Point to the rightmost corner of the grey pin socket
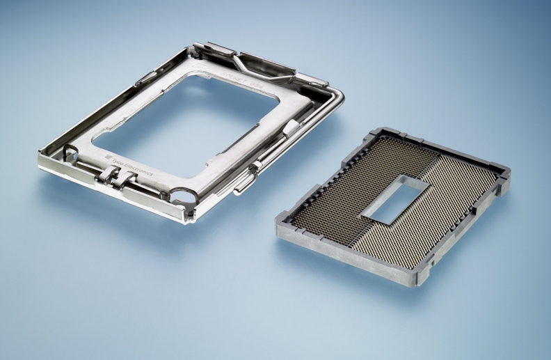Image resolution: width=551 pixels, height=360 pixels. coord(507,178)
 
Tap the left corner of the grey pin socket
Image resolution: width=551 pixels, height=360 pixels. coord(279,221)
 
